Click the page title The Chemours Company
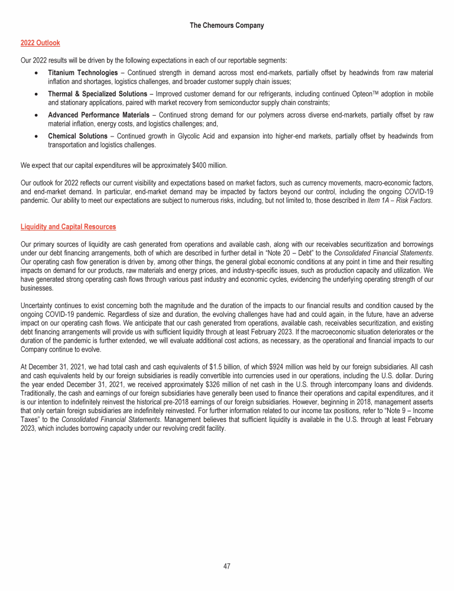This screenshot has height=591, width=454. click(x=227, y=25)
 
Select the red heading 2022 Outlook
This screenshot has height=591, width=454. click(x=40, y=43)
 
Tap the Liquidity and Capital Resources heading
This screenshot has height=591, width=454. click(x=68, y=226)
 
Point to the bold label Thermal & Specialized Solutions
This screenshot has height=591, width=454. click(x=98, y=94)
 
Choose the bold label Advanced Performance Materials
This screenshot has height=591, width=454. click(x=98, y=115)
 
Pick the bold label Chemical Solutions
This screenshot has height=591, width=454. click(x=77, y=137)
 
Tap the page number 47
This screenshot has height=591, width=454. click(x=227, y=566)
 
